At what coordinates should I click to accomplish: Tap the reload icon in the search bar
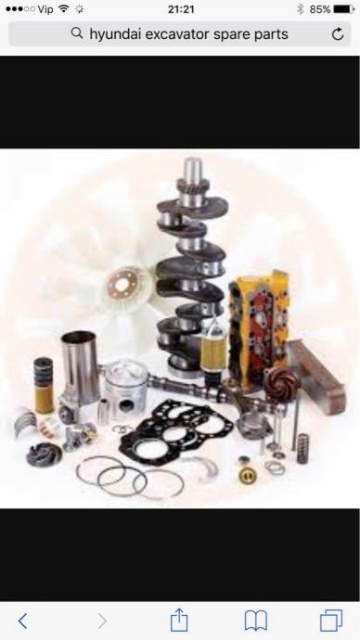tap(338, 34)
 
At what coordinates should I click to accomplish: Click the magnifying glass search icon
tap(76, 33)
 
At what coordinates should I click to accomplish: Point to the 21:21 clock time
tap(181, 9)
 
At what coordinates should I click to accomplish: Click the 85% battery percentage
tap(319, 9)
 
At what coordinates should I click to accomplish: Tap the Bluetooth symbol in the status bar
tap(301, 9)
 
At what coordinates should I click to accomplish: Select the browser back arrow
tap(23, 621)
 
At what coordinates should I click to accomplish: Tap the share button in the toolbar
tap(179, 620)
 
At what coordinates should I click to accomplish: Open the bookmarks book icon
tap(256, 621)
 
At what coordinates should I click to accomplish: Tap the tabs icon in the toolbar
tap(331, 621)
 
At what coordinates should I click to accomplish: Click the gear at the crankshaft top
tap(193, 186)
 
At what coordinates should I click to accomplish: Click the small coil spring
tap(302, 449)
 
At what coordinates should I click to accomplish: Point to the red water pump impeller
tap(281, 383)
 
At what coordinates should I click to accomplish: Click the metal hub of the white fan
tap(121, 284)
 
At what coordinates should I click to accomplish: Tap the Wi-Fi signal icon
tap(64, 8)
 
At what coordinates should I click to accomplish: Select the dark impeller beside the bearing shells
tap(45, 454)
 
